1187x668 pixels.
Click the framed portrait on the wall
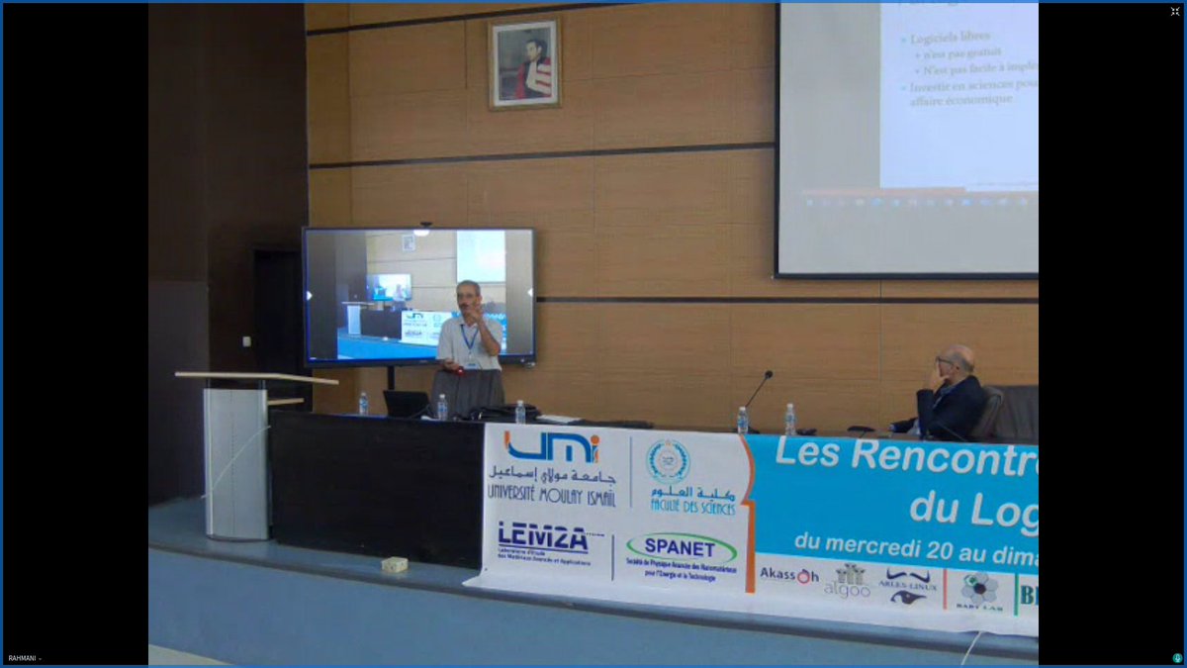click(x=524, y=63)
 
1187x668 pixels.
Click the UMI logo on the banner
click(x=551, y=447)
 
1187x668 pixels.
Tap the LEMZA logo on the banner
click(x=543, y=536)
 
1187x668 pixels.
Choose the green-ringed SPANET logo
click(x=681, y=547)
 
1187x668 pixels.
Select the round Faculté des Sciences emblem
click(x=669, y=461)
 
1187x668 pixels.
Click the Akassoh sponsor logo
click(x=788, y=575)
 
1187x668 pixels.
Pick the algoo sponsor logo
click(x=848, y=581)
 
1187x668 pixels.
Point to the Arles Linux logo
click(x=907, y=585)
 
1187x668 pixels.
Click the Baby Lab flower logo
click(x=979, y=590)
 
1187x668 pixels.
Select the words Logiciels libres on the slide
click(x=957, y=40)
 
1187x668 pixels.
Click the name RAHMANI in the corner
click(x=23, y=658)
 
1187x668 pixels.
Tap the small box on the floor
click(x=395, y=564)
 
